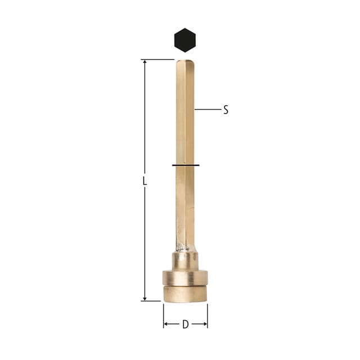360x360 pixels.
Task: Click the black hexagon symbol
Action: pos(185,40)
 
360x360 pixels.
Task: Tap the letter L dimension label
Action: pos(145,181)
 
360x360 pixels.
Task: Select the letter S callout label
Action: pos(226,110)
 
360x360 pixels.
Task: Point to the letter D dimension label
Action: pos(185,325)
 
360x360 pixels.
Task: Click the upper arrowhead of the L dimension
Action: pos(145,62)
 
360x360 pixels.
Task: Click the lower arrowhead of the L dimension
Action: pos(145,299)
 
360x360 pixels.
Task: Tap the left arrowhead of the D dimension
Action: pos(166,324)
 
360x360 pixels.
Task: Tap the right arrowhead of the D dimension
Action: pos(205,324)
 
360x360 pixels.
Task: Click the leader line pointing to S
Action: pos(208,109)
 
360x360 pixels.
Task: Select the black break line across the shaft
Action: pos(186,165)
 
